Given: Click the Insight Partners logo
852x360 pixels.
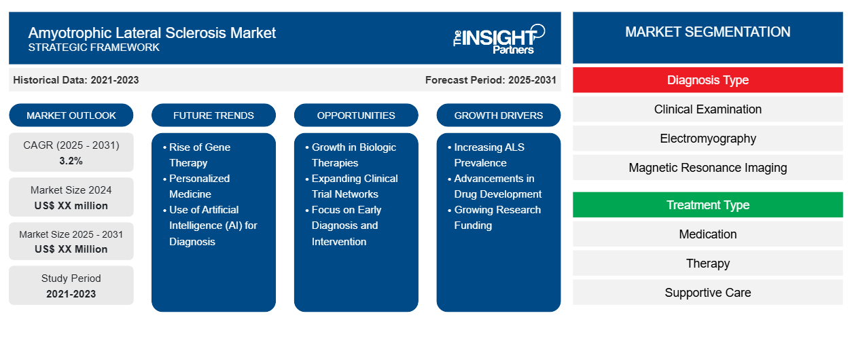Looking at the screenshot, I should (499, 38).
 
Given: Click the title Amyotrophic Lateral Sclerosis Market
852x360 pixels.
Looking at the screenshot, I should (152, 33).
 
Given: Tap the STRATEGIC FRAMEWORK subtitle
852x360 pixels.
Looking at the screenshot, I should (94, 48).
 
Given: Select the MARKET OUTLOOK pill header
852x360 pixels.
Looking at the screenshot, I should (71, 115).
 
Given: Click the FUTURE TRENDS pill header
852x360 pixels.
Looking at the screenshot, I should (213, 115).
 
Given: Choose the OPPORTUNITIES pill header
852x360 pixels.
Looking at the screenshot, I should (356, 115).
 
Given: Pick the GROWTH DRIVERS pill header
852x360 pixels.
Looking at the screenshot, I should (499, 115).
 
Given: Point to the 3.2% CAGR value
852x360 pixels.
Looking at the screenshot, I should (71, 161).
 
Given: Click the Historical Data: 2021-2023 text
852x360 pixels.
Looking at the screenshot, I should (76, 80).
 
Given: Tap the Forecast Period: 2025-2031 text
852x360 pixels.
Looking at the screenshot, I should (491, 80).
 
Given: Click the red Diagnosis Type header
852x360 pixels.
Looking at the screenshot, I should (707, 80).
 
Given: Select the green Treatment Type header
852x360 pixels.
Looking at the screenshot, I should (707, 205).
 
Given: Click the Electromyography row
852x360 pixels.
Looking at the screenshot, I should (707, 139).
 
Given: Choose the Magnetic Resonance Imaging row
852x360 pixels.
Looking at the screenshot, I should (707, 168).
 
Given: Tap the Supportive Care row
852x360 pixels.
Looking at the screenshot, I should (707, 293).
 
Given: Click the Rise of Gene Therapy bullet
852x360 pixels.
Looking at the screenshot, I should (199, 155).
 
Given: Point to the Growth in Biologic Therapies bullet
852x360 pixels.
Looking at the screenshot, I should (353, 155).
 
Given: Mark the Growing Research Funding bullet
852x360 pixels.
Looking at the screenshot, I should (497, 217).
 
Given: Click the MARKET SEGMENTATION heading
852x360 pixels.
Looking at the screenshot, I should (707, 32).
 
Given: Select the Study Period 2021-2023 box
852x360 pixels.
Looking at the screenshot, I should (71, 286).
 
